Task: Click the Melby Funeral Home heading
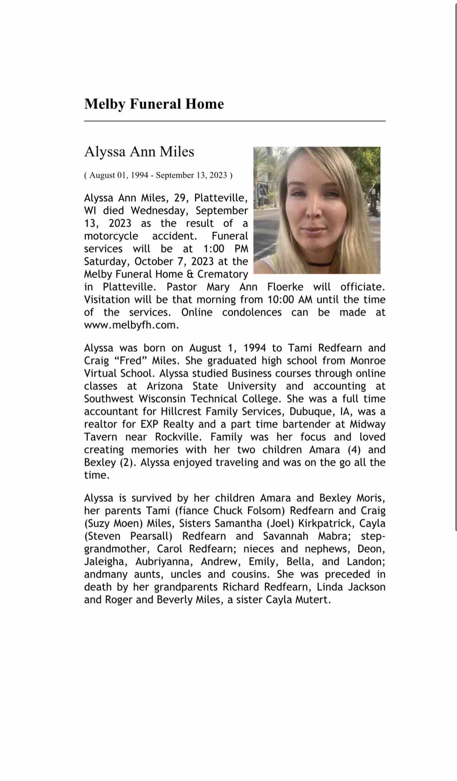154,104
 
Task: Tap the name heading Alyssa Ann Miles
139,151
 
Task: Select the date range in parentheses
158,175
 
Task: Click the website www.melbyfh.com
131,325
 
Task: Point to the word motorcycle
111,236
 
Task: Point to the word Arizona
165,386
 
